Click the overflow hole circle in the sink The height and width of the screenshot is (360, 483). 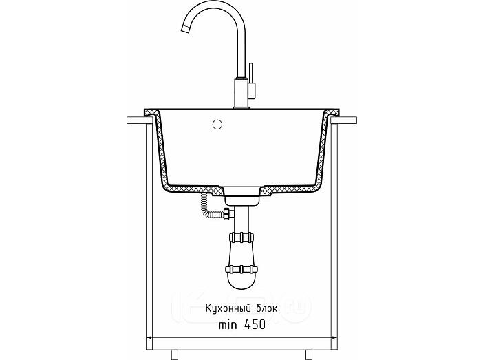(217, 124)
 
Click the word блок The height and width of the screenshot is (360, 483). (267, 308)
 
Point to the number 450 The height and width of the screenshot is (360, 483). (255, 324)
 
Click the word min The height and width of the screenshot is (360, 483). (228, 325)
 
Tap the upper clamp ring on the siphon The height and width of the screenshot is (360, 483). (241, 237)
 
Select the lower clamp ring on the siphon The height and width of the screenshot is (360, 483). (241, 269)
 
